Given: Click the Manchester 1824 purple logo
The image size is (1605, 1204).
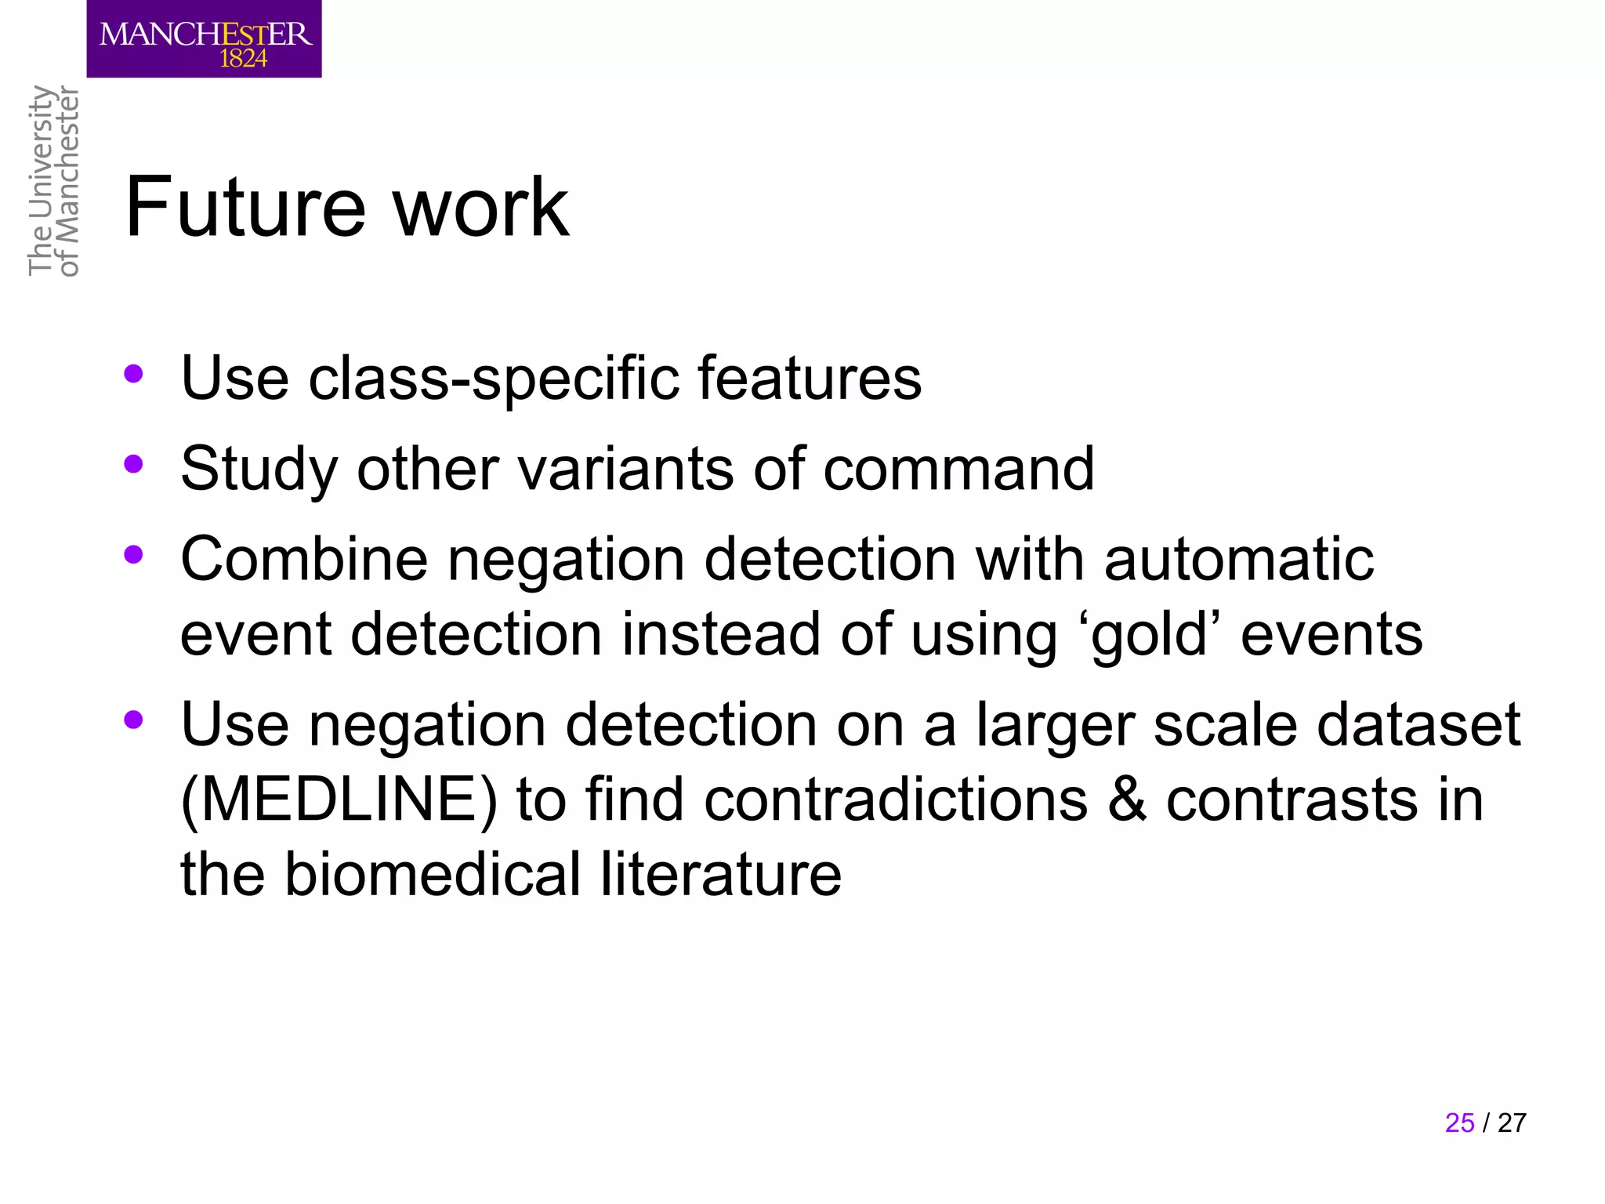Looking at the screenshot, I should point(204,38).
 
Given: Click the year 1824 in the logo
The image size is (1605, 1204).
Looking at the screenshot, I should point(243,59).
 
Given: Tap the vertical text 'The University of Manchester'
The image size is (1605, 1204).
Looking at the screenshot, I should point(53,181).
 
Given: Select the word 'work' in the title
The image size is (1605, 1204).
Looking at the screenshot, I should point(480,208).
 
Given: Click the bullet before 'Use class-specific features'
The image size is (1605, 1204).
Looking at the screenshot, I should point(133,374).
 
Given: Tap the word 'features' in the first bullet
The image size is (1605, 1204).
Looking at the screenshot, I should point(809,379).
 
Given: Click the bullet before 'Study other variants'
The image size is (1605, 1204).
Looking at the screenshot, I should point(133,465).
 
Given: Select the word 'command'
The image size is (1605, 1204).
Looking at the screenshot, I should point(958,469).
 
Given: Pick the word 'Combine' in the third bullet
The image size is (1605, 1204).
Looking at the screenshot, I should point(304,560).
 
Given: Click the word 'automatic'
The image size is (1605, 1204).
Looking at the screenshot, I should point(1238,560).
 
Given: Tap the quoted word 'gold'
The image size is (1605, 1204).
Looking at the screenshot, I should point(1149,635).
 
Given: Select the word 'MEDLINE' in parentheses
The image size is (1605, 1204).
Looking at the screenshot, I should point(339,800).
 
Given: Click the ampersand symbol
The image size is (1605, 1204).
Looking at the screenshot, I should point(1126,800).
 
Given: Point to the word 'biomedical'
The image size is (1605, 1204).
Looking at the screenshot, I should point(432,874).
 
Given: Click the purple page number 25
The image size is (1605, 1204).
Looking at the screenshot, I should point(1459,1122).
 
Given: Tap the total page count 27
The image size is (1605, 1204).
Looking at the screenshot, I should point(1512,1122).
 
